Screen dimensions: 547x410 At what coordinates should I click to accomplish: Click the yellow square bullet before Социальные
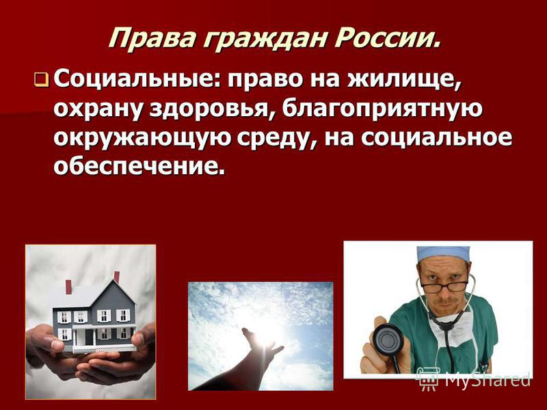[x=41, y=80]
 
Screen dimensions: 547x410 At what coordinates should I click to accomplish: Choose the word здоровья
[x=213, y=109]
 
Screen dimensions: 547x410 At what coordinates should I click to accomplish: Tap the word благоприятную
[x=382, y=109]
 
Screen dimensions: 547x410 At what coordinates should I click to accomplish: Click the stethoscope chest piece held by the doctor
[x=388, y=340]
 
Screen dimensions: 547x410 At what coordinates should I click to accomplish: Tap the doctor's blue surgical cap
[x=443, y=254]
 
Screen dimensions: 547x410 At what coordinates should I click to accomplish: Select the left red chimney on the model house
[x=68, y=286]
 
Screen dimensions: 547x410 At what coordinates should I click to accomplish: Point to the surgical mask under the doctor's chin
[x=451, y=331]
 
